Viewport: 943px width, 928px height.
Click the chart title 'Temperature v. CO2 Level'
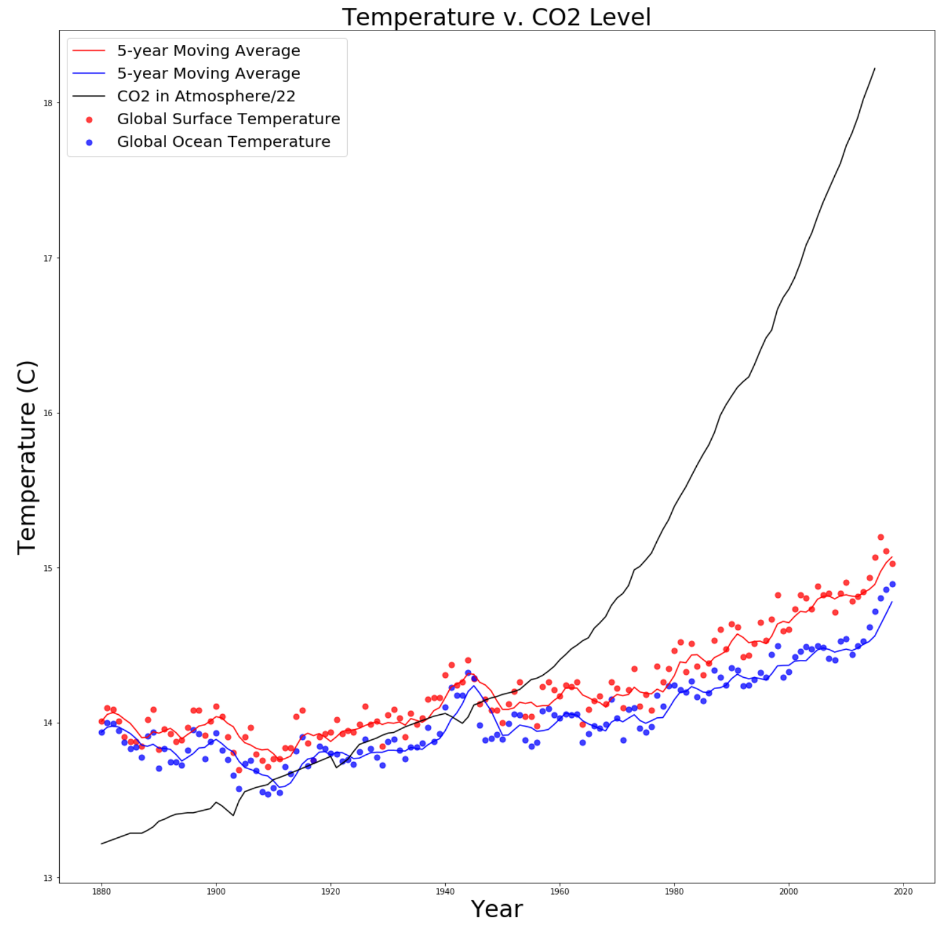tap(496, 17)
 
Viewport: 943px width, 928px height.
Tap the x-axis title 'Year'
tap(496, 909)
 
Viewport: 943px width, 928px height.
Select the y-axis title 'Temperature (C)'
tap(27, 457)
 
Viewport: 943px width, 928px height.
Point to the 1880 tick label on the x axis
tap(102, 892)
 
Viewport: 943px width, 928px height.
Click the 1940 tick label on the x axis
tap(445, 892)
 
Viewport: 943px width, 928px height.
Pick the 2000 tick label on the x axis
tap(789, 892)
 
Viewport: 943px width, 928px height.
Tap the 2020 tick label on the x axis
tap(903, 892)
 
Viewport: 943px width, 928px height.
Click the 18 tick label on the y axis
tap(48, 103)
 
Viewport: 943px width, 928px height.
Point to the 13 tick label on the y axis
tap(48, 878)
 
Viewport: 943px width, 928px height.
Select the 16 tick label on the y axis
tap(48, 413)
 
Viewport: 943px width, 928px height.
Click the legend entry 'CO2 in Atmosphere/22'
tap(206, 96)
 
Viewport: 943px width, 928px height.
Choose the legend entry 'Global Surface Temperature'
tap(228, 119)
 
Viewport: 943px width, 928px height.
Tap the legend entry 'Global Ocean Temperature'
tap(223, 142)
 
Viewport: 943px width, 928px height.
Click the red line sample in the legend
tap(89, 51)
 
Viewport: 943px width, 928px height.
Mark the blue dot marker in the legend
tap(89, 142)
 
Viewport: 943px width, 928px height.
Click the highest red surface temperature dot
tap(880, 537)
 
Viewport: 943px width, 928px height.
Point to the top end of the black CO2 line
tap(875, 69)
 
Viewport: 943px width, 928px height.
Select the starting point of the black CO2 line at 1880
tap(102, 844)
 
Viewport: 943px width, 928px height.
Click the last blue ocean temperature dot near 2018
tap(892, 584)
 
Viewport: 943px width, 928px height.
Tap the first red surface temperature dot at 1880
tap(102, 721)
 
